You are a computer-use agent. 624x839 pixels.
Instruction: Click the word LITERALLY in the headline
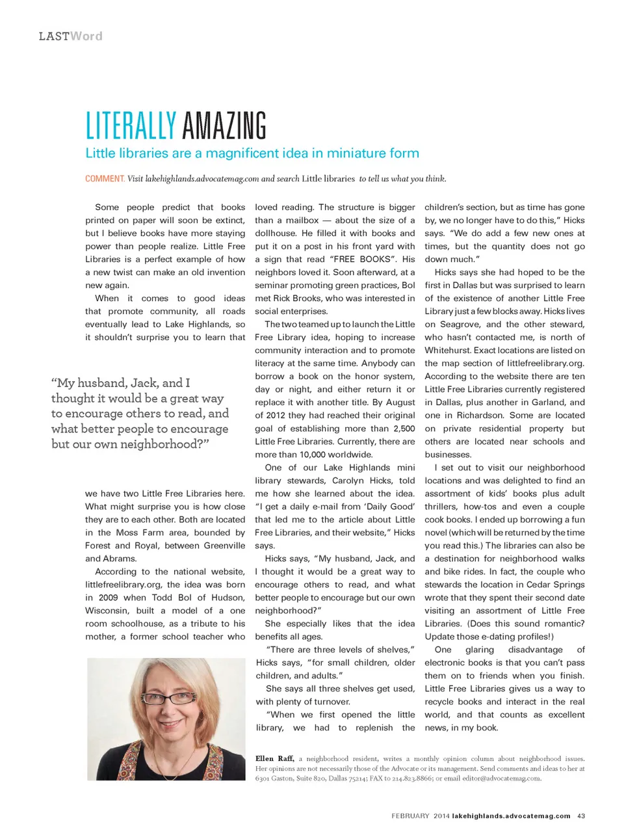[x=131, y=126]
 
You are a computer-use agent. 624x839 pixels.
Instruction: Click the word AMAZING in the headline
[x=224, y=126]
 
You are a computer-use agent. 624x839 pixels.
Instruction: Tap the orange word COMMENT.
[x=105, y=179]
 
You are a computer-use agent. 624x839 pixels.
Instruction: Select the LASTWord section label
[x=70, y=36]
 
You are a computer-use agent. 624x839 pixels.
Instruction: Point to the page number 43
[x=581, y=816]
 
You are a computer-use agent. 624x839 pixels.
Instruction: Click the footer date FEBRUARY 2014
[x=420, y=816]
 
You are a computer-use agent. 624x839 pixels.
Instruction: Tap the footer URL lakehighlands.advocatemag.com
[x=511, y=816]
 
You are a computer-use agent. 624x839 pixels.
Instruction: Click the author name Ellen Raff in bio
[x=274, y=758]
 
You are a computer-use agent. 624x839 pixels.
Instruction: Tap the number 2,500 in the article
[x=404, y=429]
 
